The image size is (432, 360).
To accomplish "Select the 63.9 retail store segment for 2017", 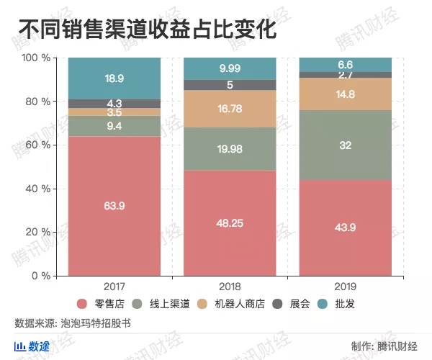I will (x=114, y=206).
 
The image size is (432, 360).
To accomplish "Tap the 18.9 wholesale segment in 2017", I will (x=114, y=78).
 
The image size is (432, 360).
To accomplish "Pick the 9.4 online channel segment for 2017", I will (x=114, y=126).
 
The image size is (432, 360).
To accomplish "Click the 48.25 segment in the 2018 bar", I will (x=230, y=223).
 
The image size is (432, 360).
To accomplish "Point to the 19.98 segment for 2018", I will (x=230, y=149).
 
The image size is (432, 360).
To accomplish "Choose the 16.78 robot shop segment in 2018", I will (x=230, y=109).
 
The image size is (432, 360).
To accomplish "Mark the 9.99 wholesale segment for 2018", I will (x=230, y=68).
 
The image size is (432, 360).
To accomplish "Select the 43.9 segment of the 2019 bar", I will (x=345, y=228).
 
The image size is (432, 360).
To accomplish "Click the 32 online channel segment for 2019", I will (x=345, y=145).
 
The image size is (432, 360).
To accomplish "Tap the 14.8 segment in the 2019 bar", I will (x=345, y=94).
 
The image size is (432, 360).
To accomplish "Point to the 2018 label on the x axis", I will (x=230, y=286).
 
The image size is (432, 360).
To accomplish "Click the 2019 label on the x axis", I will (x=345, y=286).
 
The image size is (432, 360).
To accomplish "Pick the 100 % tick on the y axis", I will (x=35, y=58).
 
